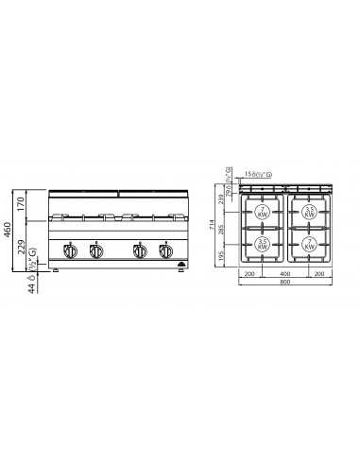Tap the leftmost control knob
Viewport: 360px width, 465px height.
pos(69,251)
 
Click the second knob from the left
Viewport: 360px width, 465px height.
pos(94,251)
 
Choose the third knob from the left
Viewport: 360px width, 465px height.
pos(139,251)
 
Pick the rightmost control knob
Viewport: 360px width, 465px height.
pos(163,251)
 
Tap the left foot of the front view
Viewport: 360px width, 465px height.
pos(57,271)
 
